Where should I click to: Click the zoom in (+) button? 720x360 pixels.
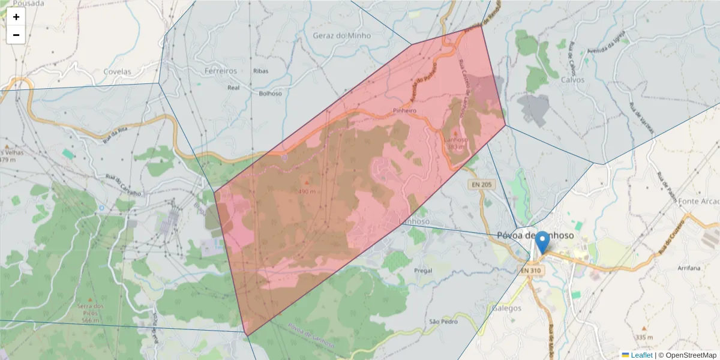[16, 17]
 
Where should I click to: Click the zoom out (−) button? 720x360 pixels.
[16, 35]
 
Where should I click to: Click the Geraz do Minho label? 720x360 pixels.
[342, 35]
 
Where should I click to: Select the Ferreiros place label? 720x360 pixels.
[221, 71]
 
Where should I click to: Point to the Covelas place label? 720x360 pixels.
[117, 71]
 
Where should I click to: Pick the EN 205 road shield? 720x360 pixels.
[481, 185]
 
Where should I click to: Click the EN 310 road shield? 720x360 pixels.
[531, 271]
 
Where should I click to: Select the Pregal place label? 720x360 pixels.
[423, 271]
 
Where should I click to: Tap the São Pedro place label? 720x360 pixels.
[443, 322]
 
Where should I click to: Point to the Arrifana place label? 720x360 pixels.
[688, 268]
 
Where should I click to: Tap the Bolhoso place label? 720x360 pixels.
[270, 94]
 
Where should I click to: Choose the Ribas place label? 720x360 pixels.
[261, 71]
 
